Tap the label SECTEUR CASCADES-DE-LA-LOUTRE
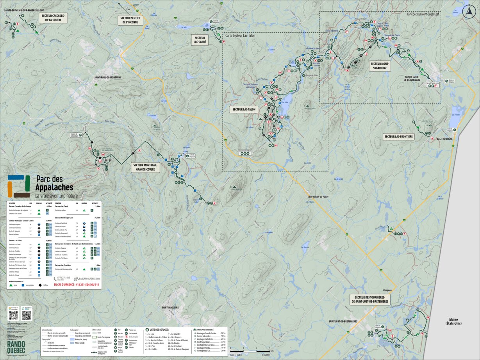click(53, 18)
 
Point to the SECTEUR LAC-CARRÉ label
click(200, 40)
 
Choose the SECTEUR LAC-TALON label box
click(244, 109)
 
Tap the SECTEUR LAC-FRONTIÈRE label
click(398, 137)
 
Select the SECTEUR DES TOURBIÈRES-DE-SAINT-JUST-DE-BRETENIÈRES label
click(370, 299)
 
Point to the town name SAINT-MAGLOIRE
click(170, 308)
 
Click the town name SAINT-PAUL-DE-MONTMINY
click(108, 78)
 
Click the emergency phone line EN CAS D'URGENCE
click(77, 285)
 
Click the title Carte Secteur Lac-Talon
click(240, 35)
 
